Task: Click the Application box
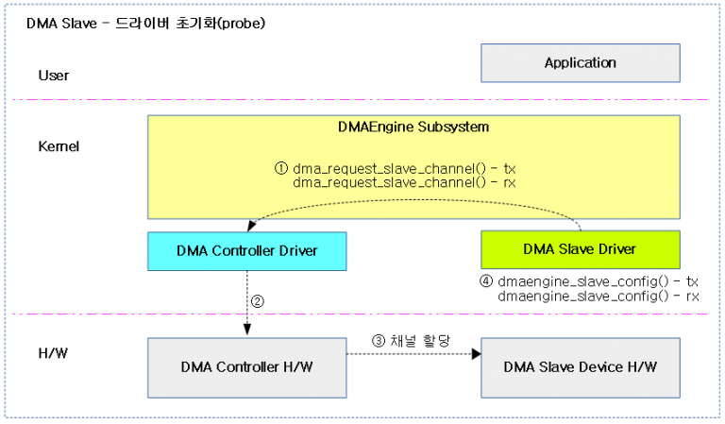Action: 580,63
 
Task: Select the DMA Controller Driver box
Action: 246,250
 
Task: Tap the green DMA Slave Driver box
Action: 580,249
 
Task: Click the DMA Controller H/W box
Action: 246,366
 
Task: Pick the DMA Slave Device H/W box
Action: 580,366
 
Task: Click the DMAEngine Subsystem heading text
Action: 413,126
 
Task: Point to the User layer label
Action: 54,76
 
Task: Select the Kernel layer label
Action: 59,147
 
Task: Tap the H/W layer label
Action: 53,353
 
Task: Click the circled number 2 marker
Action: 257,302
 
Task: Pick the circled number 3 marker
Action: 378,342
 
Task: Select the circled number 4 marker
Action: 486,281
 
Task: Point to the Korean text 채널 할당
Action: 415,342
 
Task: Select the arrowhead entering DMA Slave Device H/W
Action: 476,353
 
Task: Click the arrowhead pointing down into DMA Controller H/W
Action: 246,330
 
